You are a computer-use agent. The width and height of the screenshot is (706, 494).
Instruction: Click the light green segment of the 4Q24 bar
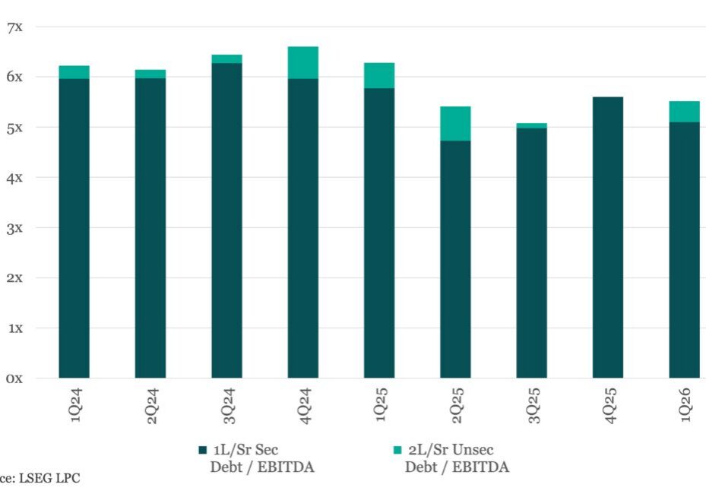coord(302,62)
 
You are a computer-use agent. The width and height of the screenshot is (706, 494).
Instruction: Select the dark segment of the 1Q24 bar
coord(74,228)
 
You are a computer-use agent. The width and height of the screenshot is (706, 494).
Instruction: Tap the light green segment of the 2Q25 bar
coord(455,123)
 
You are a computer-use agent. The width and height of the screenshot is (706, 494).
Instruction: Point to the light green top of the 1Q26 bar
coord(684,111)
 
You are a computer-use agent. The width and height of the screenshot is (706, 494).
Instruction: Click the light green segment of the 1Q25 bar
coord(379,75)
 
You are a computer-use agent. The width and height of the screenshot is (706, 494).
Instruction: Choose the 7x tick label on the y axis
coord(14,27)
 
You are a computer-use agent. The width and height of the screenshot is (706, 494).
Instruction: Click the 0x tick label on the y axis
coord(14,378)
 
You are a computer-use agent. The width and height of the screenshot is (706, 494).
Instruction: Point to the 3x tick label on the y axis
coord(14,227)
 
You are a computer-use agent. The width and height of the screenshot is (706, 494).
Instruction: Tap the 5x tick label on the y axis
coord(14,128)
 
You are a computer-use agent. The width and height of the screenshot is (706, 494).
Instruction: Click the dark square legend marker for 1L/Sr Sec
coord(202,450)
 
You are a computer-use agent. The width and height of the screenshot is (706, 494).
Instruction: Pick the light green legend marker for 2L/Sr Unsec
coord(397,450)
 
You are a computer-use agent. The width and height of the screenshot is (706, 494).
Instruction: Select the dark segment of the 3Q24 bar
coord(226,220)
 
